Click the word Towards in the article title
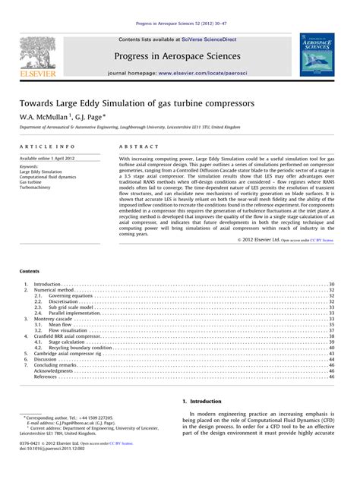pos(42,102)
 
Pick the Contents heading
pos(30,271)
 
